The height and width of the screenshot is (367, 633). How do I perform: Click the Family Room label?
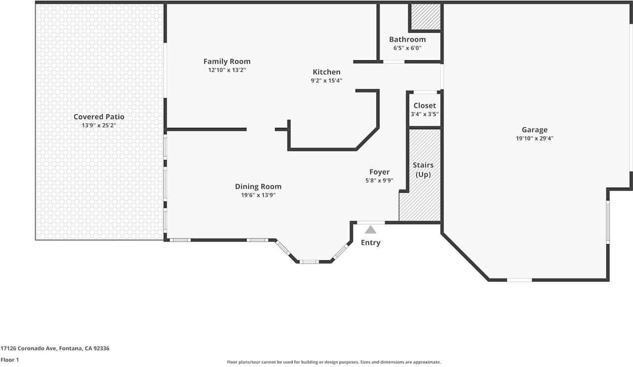point(227,61)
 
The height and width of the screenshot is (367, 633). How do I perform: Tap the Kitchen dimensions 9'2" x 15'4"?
point(326,81)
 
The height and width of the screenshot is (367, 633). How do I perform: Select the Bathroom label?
point(407,40)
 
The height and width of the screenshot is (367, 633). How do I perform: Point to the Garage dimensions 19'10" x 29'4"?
point(535,138)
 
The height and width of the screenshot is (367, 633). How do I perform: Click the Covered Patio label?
point(99,117)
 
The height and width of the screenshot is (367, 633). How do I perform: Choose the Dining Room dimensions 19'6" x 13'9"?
point(258,195)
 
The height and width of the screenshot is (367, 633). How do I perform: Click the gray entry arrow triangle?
point(370,229)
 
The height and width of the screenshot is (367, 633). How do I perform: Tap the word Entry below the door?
point(370,242)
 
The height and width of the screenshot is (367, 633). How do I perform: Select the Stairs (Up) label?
point(423,170)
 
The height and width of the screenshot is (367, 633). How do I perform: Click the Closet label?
point(425,105)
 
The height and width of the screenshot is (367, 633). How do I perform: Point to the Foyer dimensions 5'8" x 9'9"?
point(379,181)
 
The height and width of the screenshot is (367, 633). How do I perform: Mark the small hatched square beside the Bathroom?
point(426,17)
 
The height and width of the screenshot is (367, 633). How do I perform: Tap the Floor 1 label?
point(10,360)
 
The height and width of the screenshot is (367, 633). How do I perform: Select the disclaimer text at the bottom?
point(334,362)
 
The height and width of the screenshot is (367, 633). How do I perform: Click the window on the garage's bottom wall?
point(519,280)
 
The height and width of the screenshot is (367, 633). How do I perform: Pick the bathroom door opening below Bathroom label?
point(394,62)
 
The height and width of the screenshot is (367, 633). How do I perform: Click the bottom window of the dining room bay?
point(309,261)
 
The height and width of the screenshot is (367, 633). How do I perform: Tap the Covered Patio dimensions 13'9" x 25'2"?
point(99,126)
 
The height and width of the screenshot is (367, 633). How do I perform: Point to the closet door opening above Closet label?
point(425,92)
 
